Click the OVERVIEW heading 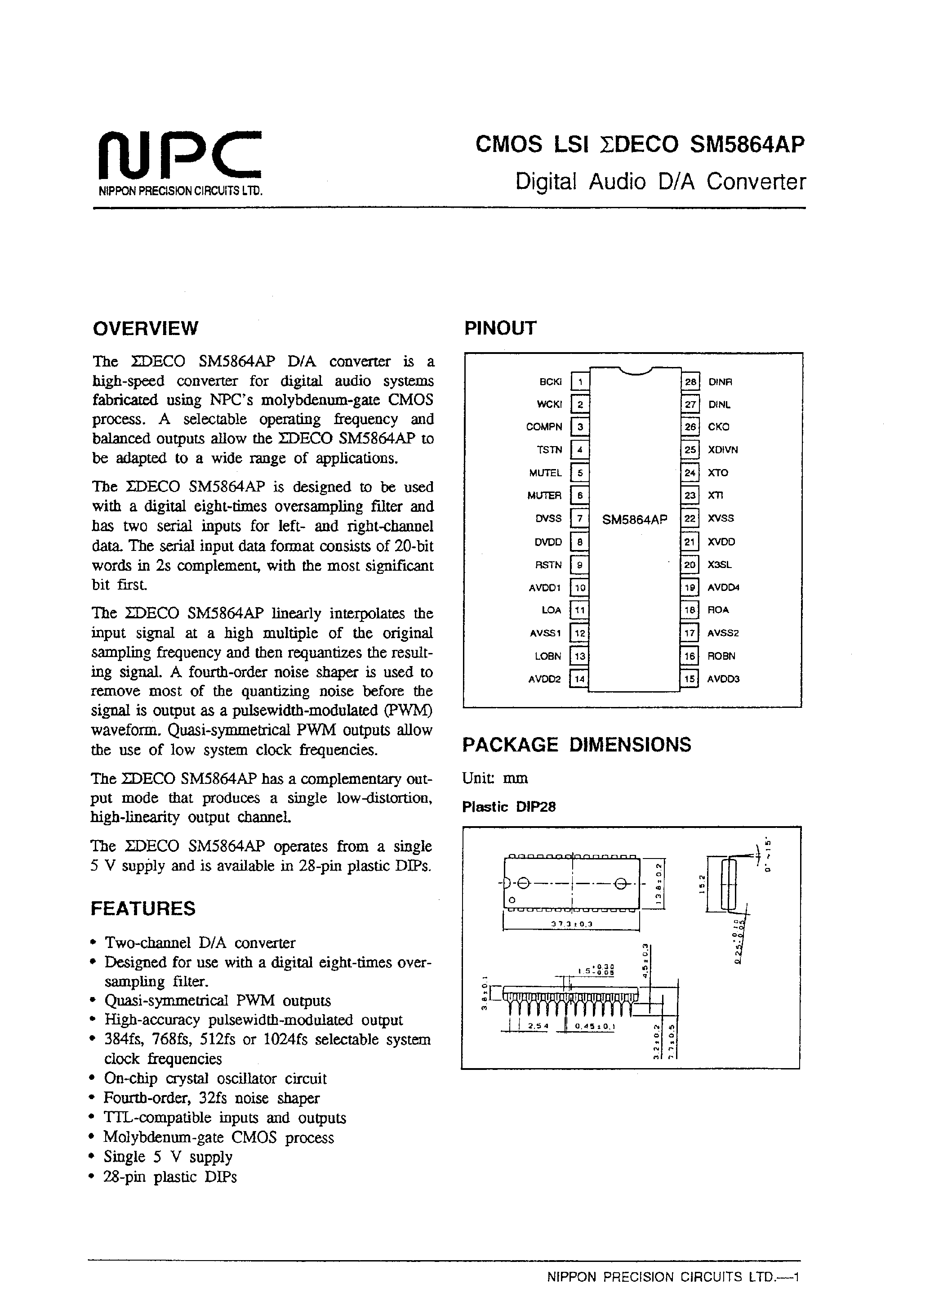146,328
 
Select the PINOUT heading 500,328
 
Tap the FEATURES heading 143,909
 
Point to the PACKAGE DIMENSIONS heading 577,744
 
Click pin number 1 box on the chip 580,382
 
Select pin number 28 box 690,382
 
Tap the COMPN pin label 544,427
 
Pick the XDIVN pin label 723,450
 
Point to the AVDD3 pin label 723,679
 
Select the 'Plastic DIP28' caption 508,807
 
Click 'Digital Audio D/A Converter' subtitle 660,182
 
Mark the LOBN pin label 548,656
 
